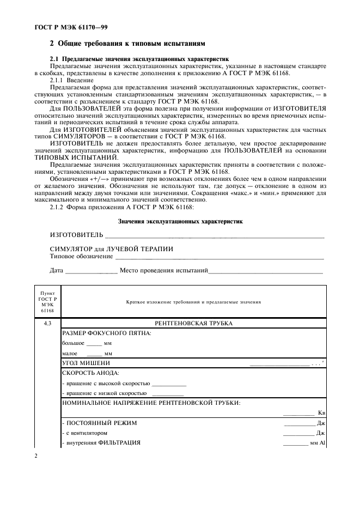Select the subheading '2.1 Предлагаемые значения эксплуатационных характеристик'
(x=139, y=58)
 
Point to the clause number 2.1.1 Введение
(x=58, y=80)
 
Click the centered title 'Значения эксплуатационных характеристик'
(x=180, y=221)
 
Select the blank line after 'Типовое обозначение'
(x=220, y=256)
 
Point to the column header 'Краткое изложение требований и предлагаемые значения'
(x=193, y=301)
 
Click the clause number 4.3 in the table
(x=47, y=323)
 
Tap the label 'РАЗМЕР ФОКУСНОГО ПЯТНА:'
(x=107, y=333)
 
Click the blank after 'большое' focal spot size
(x=94, y=344)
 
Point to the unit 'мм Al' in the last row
(x=317, y=442)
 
